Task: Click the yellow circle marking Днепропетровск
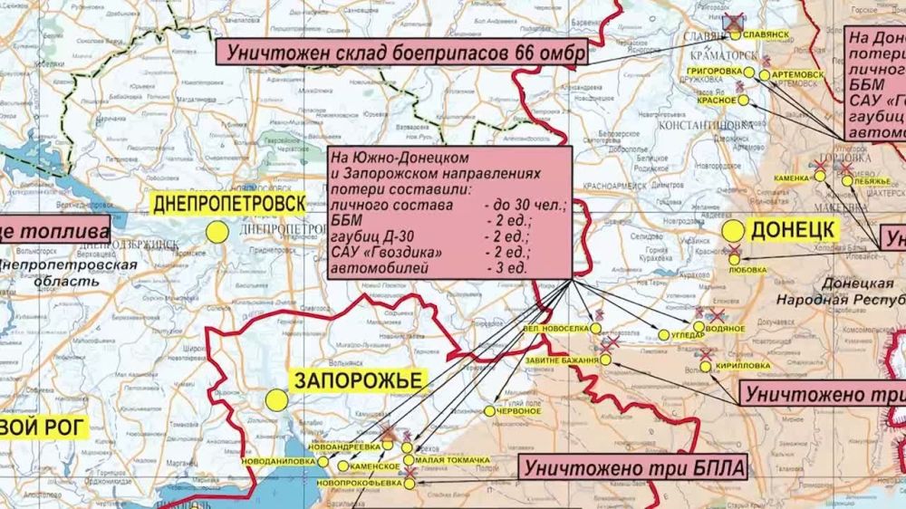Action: pos(217,232)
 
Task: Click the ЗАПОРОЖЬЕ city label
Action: pos(355,379)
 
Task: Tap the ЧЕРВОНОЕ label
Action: pos(518,411)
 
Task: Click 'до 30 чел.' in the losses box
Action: pos(524,207)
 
